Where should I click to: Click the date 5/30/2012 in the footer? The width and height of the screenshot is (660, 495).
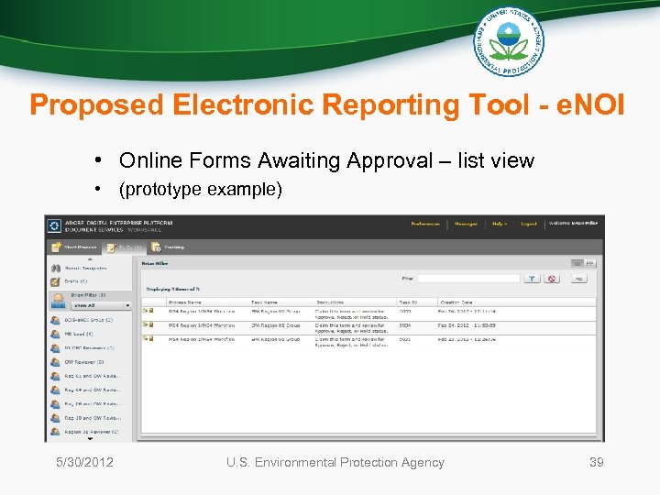pyautogui.click(x=83, y=462)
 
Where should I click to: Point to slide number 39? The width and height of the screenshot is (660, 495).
pyautogui.click(x=596, y=462)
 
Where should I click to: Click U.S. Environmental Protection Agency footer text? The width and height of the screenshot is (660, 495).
pyautogui.click(x=335, y=462)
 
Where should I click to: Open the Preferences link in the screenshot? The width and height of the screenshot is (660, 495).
pyautogui.click(x=424, y=223)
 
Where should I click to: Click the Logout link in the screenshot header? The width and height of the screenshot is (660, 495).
pyautogui.click(x=529, y=223)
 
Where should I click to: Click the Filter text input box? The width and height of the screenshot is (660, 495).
pyautogui.click(x=468, y=278)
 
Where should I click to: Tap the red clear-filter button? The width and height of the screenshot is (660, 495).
pyautogui.click(x=553, y=278)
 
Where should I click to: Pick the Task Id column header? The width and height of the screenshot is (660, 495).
pyautogui.click(x=408, y=302)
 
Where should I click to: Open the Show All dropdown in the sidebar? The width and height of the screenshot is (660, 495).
pyautogui.click(x=101, y=305)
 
